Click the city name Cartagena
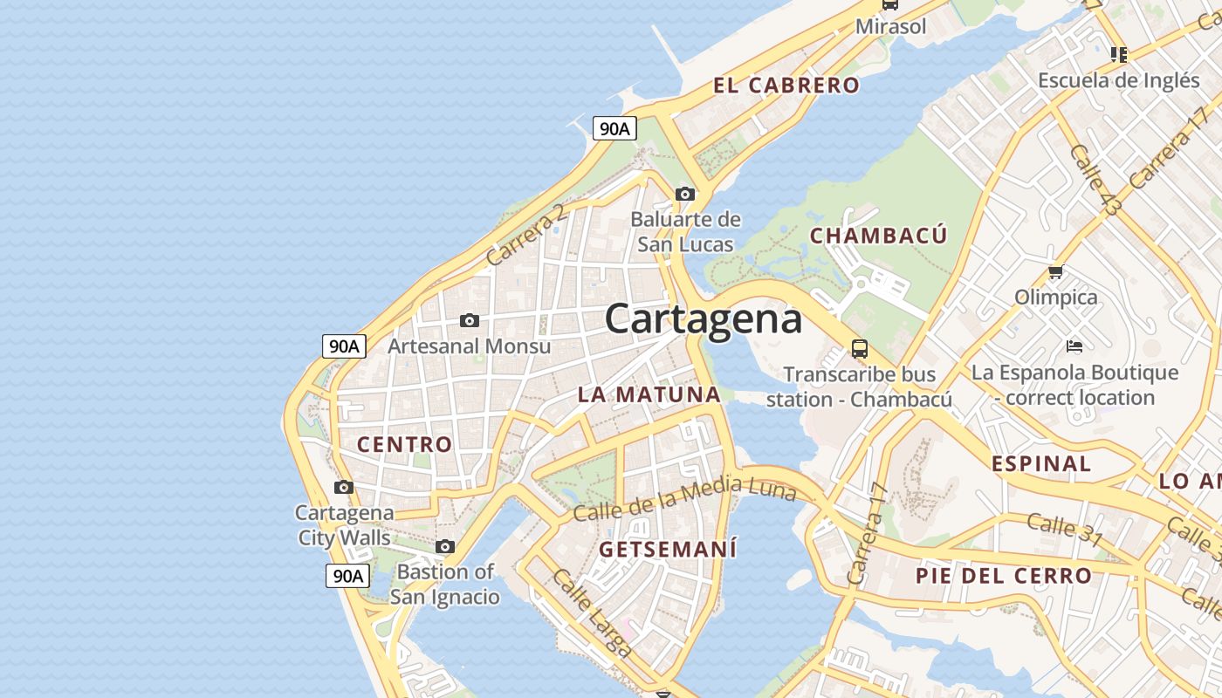point(704,319)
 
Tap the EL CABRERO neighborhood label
point(786,86)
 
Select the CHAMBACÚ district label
point(878,236)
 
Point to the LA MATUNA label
point(649,394)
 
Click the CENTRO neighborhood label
point(405,444)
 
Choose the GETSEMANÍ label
point(668,550)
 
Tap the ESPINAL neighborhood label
point(1041,464)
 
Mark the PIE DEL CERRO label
point(1004,576)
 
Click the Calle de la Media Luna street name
point(685,501)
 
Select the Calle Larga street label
point(593,612)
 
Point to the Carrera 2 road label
point(526,235)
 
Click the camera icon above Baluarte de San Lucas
point(685,194)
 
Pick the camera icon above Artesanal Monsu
point(470,321)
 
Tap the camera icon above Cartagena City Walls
point(344,487)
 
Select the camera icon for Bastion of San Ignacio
point(445,547)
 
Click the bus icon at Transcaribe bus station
point(860,349)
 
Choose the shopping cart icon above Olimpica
point(1056,272)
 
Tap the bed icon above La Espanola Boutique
point(1074,346)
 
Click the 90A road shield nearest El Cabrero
point(614,129)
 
